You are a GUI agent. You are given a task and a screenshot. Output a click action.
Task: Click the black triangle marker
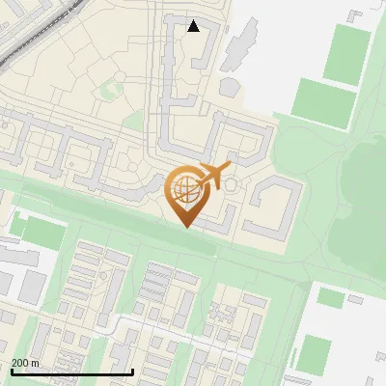194,25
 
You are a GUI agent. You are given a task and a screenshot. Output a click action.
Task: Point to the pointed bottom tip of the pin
186,227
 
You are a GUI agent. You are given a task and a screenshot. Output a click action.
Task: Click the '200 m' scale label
26,363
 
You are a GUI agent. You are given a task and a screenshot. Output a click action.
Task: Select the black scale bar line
71,372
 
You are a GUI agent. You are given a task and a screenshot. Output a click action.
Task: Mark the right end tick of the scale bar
132,370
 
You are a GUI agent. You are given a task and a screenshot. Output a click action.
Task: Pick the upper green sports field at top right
347,53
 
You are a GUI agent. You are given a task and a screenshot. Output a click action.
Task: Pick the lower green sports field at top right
323,102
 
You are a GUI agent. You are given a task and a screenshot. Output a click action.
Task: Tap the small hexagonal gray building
232,182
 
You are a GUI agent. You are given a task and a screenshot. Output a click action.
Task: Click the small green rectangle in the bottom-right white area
330,298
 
